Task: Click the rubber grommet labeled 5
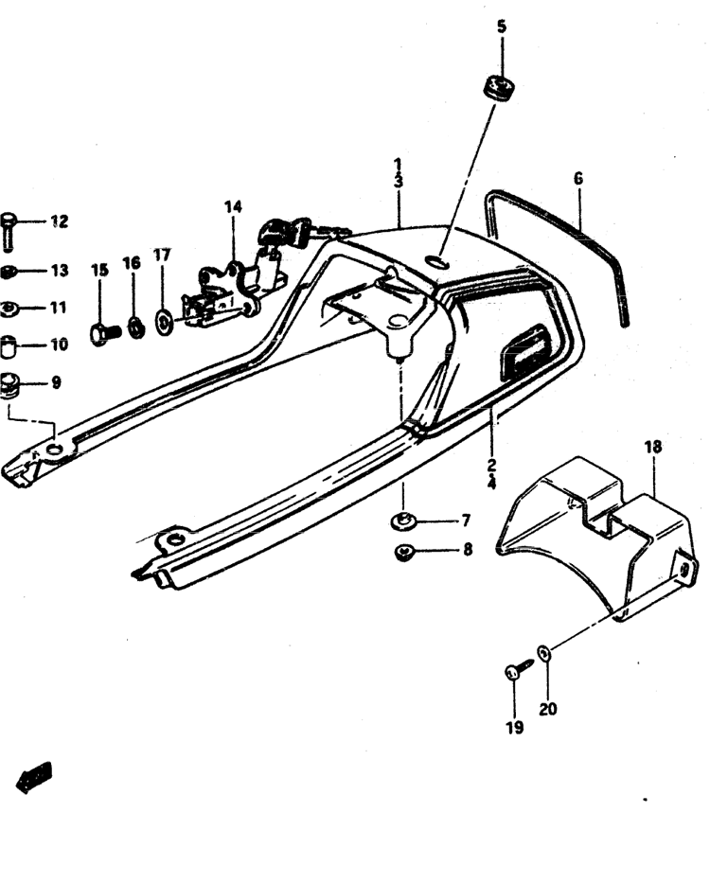499,87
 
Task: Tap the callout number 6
578,179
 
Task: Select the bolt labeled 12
9,230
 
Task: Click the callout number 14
233,206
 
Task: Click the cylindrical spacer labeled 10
9,346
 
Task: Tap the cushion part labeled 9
9,384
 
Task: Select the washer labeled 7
403,521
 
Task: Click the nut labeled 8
404,552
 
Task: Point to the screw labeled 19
519,668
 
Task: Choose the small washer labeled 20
544,653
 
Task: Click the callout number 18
653,447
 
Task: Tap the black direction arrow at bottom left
34,778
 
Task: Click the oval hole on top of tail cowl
436,262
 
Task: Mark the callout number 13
60,271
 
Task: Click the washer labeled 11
9,308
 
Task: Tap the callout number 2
491,465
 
